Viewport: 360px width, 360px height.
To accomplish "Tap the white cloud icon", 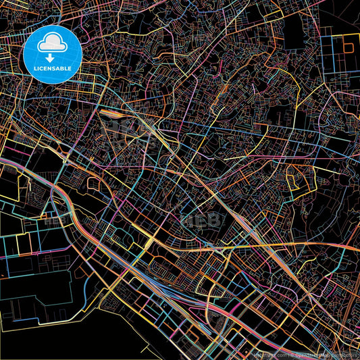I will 53,45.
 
